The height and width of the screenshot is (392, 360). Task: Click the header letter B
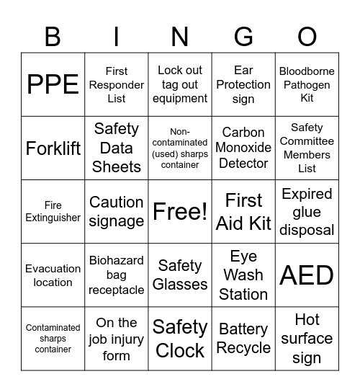[x=53, y=36]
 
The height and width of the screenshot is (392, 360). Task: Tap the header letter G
[x=243, y=36]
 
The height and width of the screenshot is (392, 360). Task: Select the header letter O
[x=307, y=36]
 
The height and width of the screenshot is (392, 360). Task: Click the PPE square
[x=53, y=84]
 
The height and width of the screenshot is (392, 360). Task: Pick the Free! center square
[x=180, y=211]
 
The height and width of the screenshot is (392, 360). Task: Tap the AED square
[x=307, y=275]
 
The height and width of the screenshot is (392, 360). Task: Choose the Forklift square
[x=53, y=148]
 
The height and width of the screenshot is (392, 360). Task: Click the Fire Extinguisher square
[x=53, y=211]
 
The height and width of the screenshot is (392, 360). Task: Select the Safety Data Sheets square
[x=116, y=148]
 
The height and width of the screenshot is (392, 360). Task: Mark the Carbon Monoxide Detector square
[x=243, y=148]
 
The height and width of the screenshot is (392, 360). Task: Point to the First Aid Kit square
[x=243, y=211]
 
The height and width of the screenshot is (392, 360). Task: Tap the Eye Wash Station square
[x=243, y=275]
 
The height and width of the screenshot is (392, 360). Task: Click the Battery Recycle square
[x=243, y=339]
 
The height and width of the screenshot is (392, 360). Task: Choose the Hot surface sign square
[x=307, y=339]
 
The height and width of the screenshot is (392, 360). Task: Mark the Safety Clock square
[x=180, y=339]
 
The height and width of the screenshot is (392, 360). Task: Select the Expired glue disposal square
[x=307, y=211]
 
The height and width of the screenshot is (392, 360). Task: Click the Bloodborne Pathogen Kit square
[x=307, y=84]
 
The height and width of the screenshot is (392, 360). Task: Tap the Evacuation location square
[x=53, y=275]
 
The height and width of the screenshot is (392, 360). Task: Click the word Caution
[x=116, y=202]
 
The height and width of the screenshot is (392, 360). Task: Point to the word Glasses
[x=180, y=284]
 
